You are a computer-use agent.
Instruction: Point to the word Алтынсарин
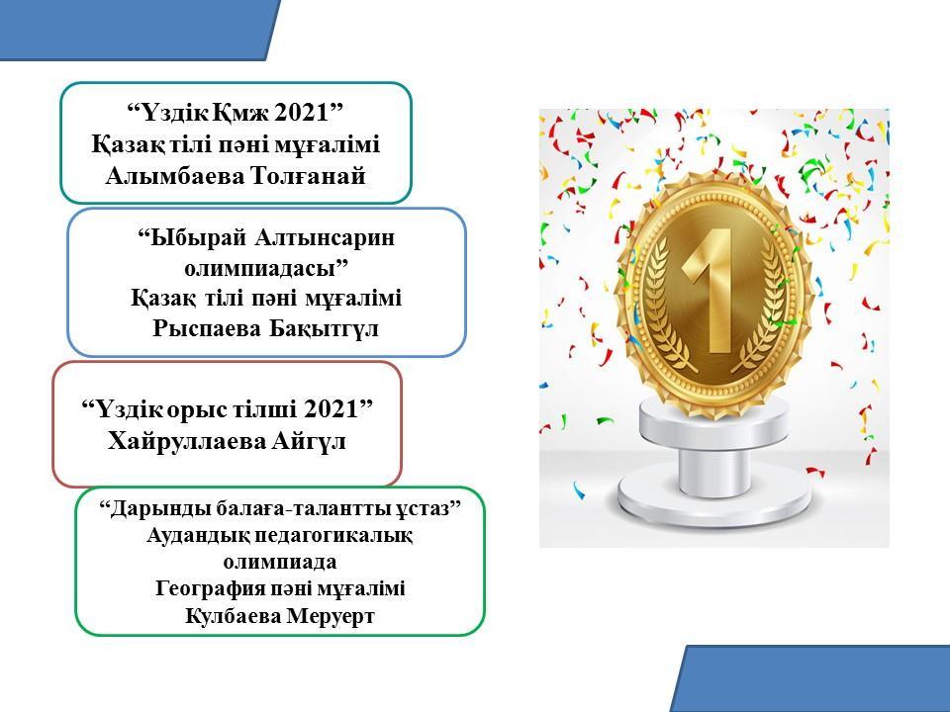pyautogui.click(x=325, y=237)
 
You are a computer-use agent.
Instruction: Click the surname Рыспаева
pyautogui.click(x=207, y=328)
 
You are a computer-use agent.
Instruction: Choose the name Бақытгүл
pyautogui.click(x=325, y=328)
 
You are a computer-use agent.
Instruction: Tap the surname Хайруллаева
pyautogui.click(x=187, y=441)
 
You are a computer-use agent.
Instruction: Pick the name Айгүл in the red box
pyautogui.click(x=309, y=441)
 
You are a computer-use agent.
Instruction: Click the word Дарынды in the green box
pyautogui.click(x=160, y=508)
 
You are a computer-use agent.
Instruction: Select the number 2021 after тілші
pyautogui.click(x=331, y=409)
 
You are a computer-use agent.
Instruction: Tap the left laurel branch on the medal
pyautogui.click(x=664, y=309)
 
